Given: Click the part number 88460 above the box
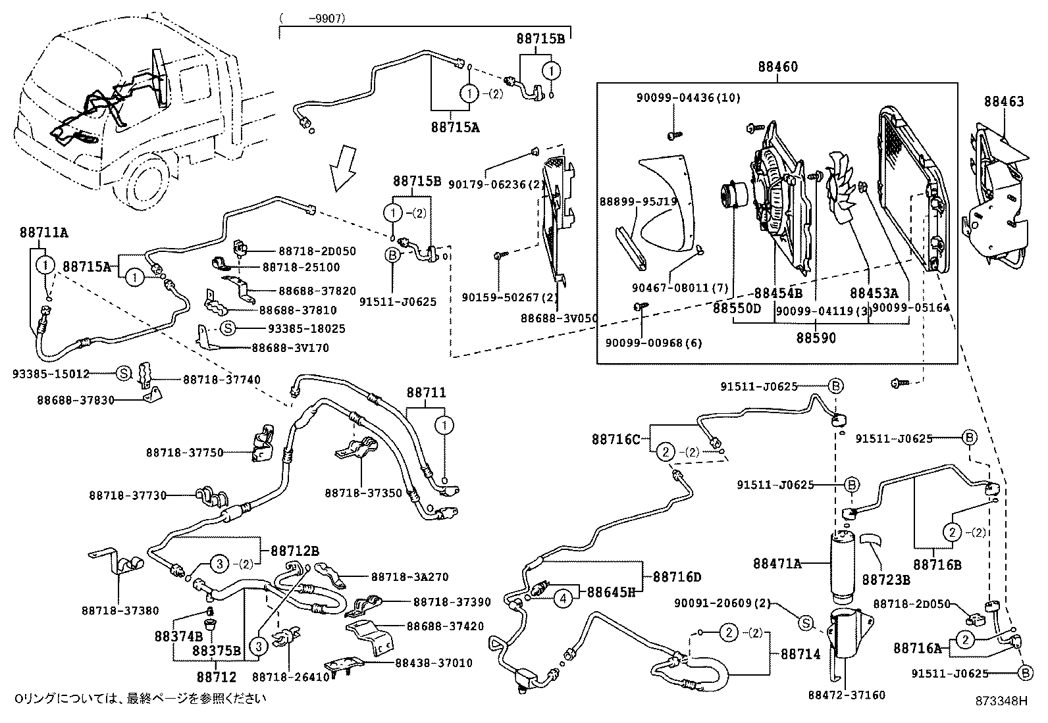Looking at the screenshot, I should tap(777, 66).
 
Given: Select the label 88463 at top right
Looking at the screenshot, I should tap(1004, 101).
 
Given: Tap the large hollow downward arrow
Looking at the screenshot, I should tap(344, 170).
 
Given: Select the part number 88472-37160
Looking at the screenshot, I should tap(846, 695).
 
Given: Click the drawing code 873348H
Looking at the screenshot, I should tap(1001, 700).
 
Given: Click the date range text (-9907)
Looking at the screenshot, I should tap(313, 19).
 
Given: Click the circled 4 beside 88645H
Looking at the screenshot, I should tap(563, 599).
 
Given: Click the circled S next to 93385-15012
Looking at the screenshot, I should tap(124, 373).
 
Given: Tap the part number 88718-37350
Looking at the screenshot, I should tap(363, 492).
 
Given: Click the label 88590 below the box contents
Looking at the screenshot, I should tap(816, 337).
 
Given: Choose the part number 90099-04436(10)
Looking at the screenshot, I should tap(688, 98).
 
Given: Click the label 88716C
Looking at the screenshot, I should tap(615, 439).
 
